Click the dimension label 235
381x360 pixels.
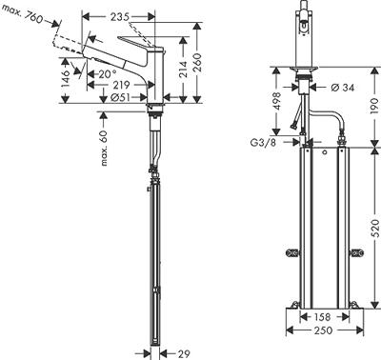(119, 16)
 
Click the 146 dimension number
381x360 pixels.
(64, 76)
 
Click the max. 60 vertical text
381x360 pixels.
(104, 149)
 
